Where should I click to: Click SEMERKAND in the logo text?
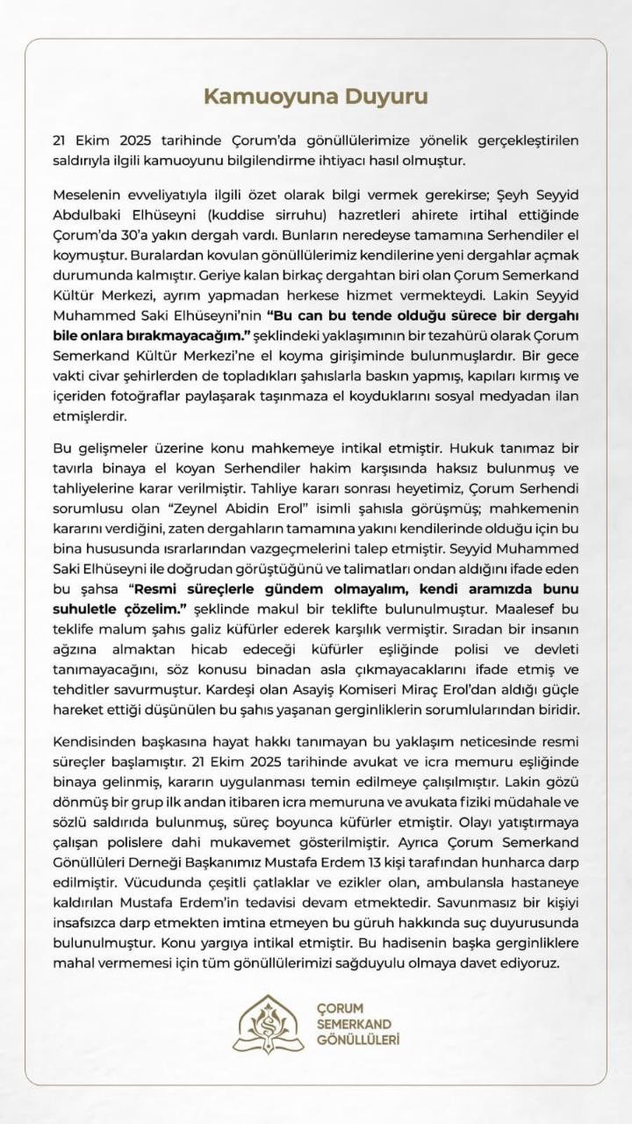coord(354,1024)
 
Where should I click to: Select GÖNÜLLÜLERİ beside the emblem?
coord(358,1040)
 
